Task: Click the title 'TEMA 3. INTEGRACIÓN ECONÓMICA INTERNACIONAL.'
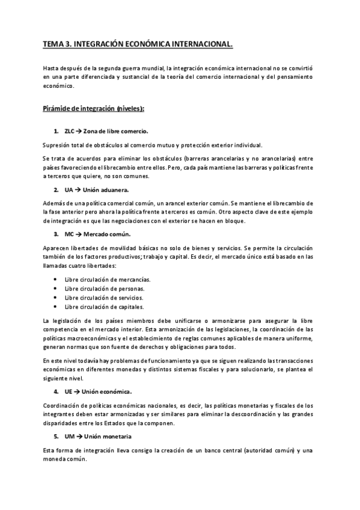coord(138,45)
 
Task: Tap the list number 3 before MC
coord(55,233)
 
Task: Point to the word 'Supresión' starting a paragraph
coord(56,146)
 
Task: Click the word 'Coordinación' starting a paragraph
coord(60,406)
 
